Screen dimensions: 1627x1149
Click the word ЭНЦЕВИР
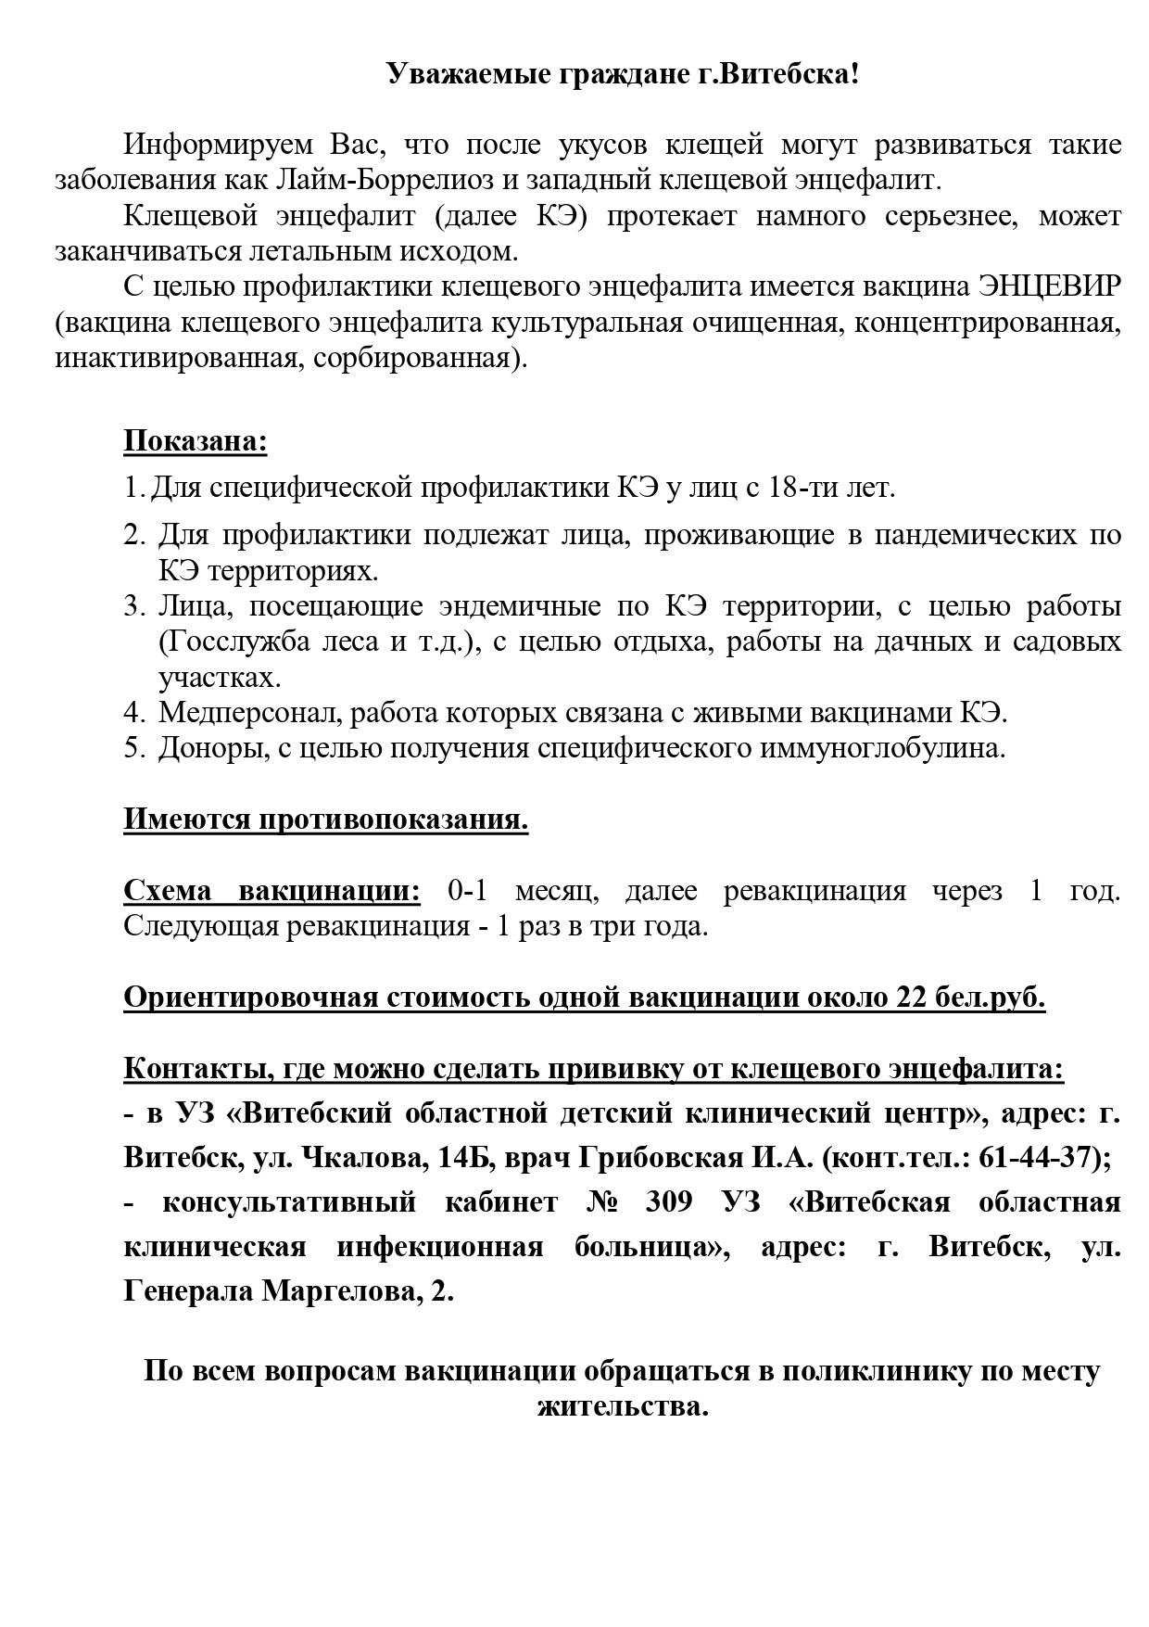[1049, 287]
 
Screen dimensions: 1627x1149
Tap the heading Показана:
[196, 441]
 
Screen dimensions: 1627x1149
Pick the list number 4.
[131, 713]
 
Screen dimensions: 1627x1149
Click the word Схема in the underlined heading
[169, 892]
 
